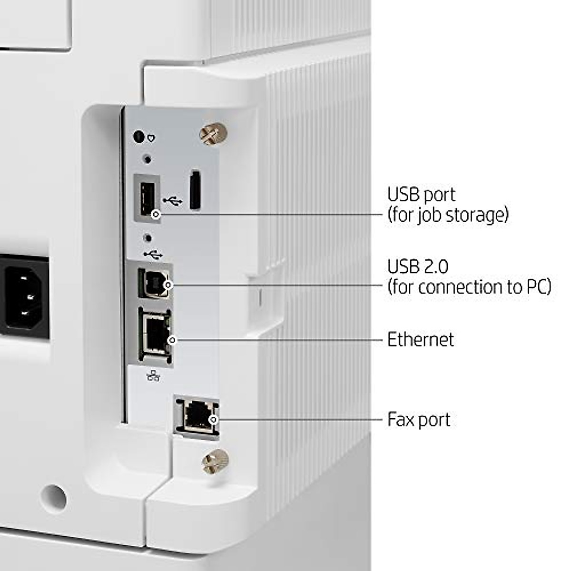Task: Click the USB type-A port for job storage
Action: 147,197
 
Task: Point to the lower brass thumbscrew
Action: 215,461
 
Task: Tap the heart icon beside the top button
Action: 151,138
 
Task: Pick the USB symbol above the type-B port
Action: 153,255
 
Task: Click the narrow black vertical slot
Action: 195,189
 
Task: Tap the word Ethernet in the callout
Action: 420,340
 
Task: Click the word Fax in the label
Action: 399,420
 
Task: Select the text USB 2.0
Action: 418,266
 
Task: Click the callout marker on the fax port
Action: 214,420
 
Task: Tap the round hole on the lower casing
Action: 53,498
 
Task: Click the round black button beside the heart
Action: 138,137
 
